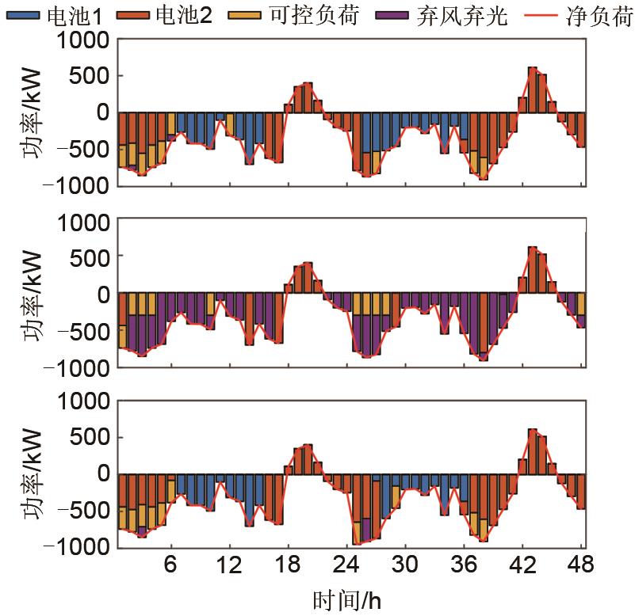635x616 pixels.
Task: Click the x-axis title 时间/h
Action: coord(350,600)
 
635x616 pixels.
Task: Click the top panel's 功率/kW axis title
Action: coord(36,113)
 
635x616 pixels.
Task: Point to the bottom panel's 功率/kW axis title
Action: coord(36,473)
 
